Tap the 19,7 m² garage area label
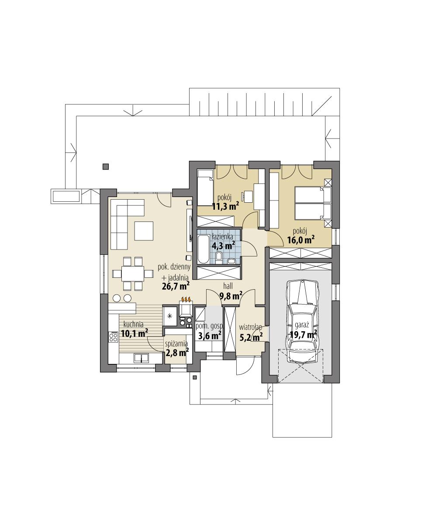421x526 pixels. point(303,335)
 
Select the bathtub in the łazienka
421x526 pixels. point(204,249)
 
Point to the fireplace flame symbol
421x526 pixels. point(186,300)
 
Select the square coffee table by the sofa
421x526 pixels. point(144,231)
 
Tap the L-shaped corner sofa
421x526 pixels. point(122,218)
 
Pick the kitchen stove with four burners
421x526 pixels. point(114,337)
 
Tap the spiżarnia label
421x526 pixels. point(176,344)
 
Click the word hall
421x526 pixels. point(228,286)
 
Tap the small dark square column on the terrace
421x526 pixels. point(105,166)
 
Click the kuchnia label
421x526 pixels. point(133,325)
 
